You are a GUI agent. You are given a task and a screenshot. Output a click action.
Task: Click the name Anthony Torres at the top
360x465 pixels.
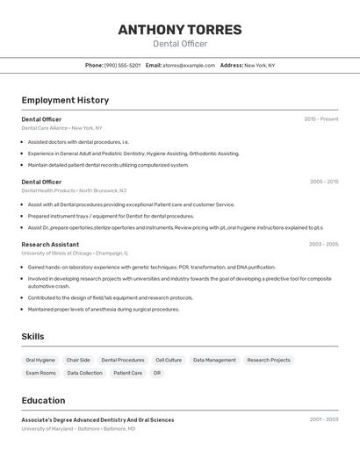(180, 29)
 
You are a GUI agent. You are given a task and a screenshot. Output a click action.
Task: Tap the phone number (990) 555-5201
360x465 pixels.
(122, 65)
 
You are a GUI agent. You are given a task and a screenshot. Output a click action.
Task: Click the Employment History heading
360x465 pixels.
(65, 100)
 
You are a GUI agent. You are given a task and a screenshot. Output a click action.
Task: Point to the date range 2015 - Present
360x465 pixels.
(320, 119)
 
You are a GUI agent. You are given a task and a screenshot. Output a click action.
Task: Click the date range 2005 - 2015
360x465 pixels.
(323, 182)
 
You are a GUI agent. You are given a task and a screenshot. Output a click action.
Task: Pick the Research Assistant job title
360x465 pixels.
(50, 244)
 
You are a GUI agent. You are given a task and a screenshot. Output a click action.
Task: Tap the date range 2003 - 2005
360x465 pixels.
(323, 244)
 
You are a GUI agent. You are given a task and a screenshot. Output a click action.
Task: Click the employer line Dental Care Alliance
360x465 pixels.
(44, 128)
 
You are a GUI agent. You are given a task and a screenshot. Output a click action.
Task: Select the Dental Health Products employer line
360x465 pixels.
(48, 190)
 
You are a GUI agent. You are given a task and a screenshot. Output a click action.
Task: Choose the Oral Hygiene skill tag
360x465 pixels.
(40, 360)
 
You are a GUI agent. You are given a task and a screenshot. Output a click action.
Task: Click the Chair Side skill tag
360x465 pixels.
(78, 360)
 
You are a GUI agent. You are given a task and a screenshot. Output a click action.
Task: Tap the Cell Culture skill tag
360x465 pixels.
(169, 360)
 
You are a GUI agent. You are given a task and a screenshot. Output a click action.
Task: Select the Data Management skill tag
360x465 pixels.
(214, 360)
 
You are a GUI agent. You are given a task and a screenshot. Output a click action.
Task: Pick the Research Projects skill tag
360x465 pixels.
(269, 360)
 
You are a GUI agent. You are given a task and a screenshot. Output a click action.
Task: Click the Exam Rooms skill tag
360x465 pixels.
(40, 373)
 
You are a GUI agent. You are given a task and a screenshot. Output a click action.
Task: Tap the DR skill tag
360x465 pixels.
(157, 373)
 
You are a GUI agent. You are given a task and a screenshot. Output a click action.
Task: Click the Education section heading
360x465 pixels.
(43, 400)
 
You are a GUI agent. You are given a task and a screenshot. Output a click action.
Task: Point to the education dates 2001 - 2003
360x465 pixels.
(323, 419)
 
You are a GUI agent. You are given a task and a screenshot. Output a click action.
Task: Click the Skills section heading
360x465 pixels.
(32, 337)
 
